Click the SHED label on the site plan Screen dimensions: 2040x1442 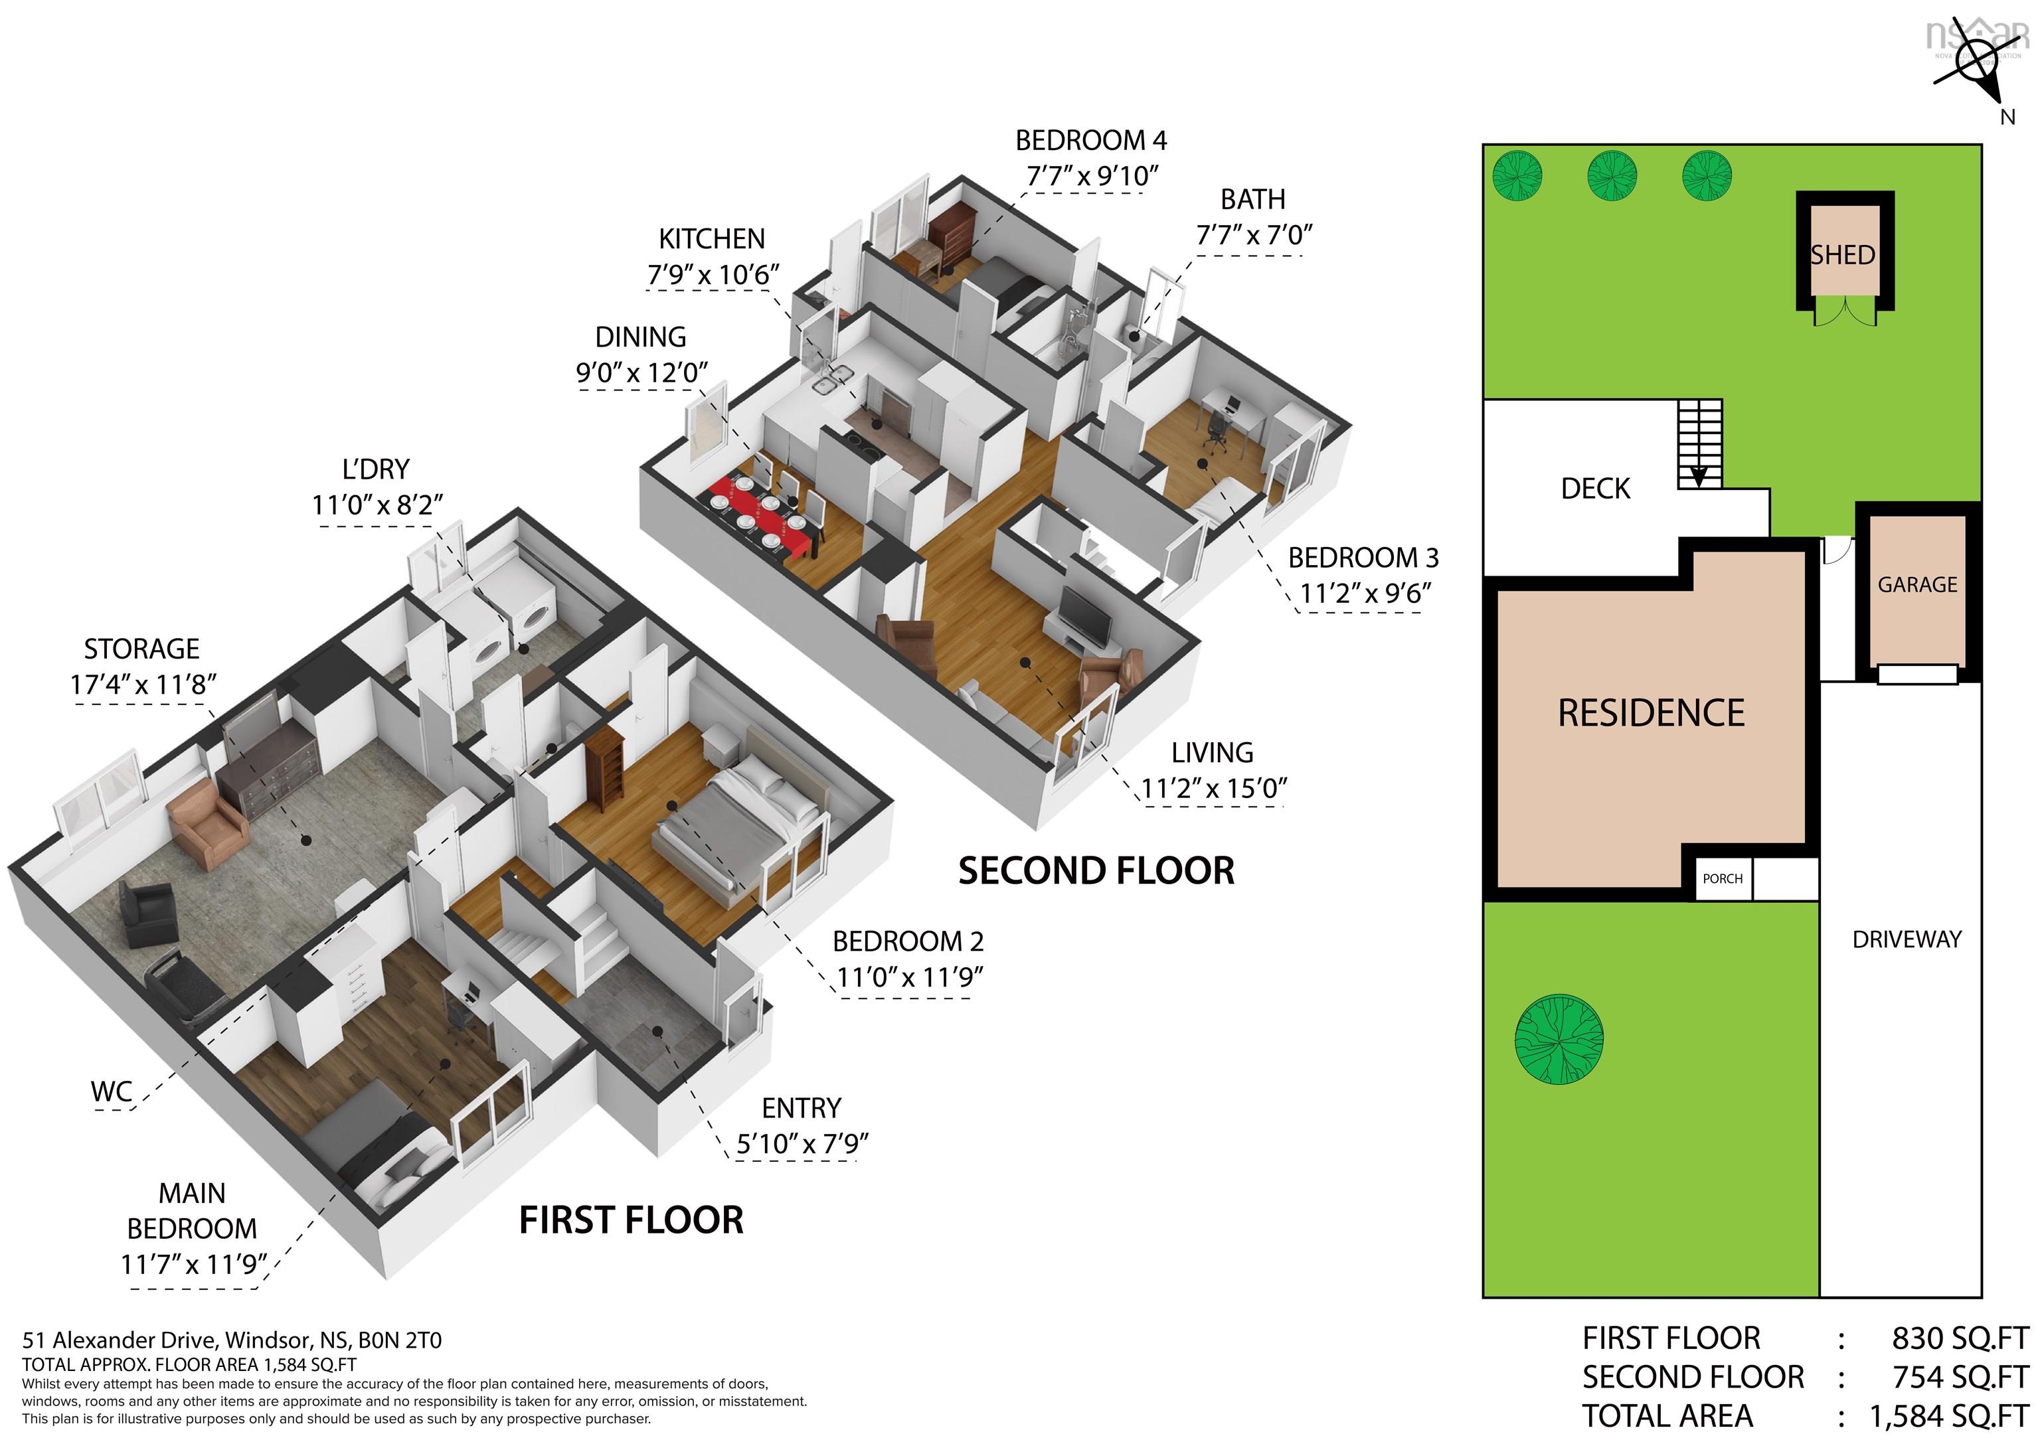(1843, 255)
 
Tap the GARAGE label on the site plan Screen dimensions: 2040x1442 (1917, 585)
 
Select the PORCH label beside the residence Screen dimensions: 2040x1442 (1723, 879)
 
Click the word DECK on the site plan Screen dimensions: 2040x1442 (1596, 489)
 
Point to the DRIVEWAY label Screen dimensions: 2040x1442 (1907, 939)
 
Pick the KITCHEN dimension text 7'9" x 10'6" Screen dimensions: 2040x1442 (713, 276)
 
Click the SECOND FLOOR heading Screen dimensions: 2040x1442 (1096, 870)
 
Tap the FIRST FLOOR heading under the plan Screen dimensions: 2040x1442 (631, 1220)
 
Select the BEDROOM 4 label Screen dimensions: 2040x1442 (1091, 140)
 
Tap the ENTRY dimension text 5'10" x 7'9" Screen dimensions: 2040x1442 (802, 1143)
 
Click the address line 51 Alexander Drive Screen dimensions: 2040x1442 (232, 1340)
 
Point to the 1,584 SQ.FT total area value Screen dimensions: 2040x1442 (1950, 1416)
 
